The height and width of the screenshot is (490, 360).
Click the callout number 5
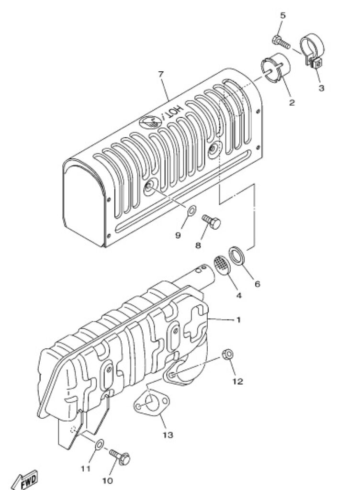click(x=282, y=15)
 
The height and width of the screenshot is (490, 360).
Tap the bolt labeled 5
click(x=281, y=43)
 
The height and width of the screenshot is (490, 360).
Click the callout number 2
click(x=292, y=102)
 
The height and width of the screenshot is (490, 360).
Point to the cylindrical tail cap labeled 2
click(x=275, y=68)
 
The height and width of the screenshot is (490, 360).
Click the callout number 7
click(x=161, y=74)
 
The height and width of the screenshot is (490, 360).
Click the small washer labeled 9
click(x=191, y=210)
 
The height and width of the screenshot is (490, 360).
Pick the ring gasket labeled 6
click(x=237, y=256)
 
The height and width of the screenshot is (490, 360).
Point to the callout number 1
click(x=238, y=320)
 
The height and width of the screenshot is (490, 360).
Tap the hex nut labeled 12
click(x=228, y=355)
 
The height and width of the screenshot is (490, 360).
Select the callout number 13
click(x=168, y=434)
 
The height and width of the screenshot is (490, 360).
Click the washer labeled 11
click(x=100, y=444)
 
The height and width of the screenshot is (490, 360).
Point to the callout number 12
click(x=237, y=381)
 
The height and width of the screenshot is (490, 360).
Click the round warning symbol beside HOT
click(x=151, y=122)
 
